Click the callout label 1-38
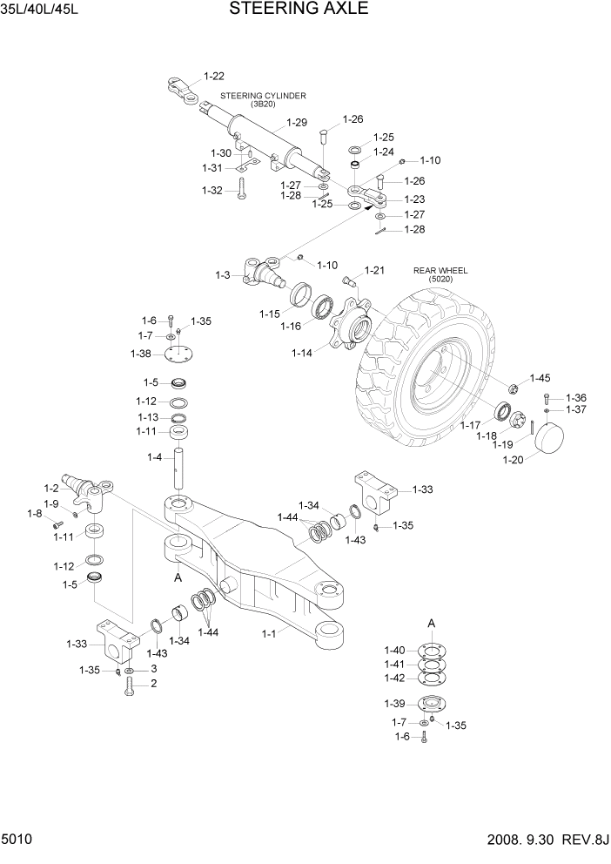pyautogui.click(x=140, y=354)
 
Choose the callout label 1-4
pyautogui.click(x=154, y=457)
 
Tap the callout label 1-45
pyautogui.click(x=540, y=378)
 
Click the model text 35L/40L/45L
pyautogui.click(x=34, y=10)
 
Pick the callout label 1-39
pyautogui.click(x=394, y=704)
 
